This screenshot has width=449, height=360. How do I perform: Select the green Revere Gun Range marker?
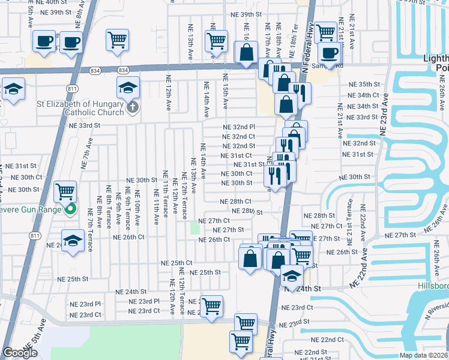pos(71,209)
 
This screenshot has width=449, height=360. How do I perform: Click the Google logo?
pos(20,353)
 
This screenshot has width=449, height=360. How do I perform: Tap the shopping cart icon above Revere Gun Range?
pos(64,191)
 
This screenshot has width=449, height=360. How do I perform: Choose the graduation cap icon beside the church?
pos(128,88)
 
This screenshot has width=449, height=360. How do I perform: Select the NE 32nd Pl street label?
pos(239,127)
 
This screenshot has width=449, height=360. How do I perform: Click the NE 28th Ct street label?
pos(235,202)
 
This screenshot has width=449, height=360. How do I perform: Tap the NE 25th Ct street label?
pos(176,263)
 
